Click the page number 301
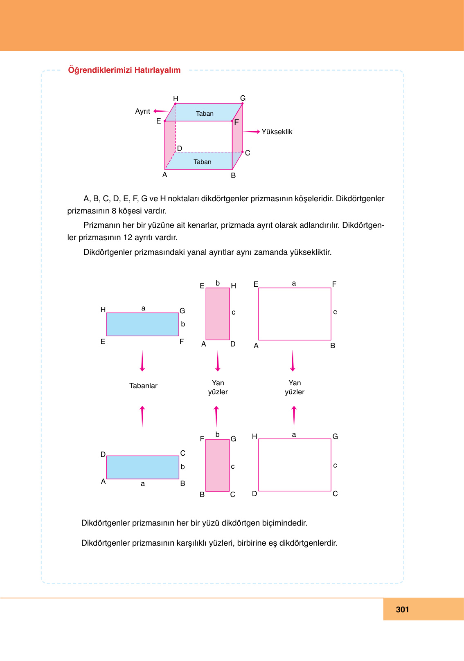402,609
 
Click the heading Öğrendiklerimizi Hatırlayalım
124,70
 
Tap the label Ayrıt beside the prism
142,111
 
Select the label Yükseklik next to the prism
277,132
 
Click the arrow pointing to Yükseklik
252,132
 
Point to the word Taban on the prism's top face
205,114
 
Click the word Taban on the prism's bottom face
203,162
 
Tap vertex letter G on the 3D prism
243,98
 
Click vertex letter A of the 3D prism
164,175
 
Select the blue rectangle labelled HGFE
142,324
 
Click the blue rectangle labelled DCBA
142,467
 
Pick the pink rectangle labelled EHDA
218,314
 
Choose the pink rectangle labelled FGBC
217,465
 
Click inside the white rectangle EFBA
295,314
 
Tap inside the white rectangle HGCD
295,465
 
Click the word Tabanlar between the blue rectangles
143,386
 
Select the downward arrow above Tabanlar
142,361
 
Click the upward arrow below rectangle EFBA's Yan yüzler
294,416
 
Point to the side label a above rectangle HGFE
143,308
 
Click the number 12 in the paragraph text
128,237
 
